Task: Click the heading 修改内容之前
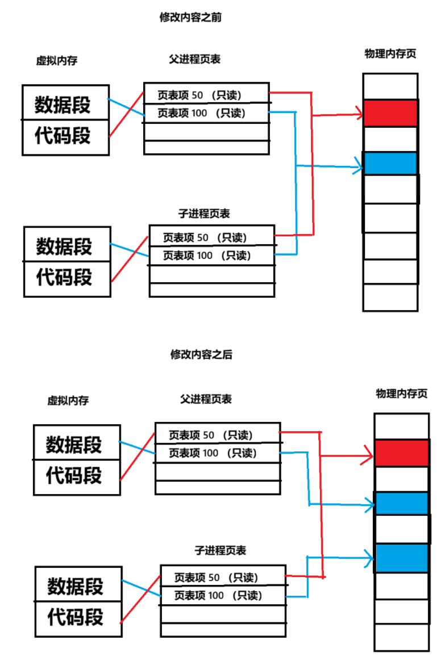(x=190, y=18)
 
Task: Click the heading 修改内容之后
(x=201, y=354)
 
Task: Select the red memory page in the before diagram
(x=390, y=113)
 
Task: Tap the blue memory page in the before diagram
(x=390, y=164)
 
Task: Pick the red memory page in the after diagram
(x=401, y=453)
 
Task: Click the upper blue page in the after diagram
(x=401, y=503)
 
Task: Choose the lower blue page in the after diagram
(x=401, y=558)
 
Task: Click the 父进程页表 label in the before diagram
(x=194, y=59)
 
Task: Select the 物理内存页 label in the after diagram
(x=401, y=394)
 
